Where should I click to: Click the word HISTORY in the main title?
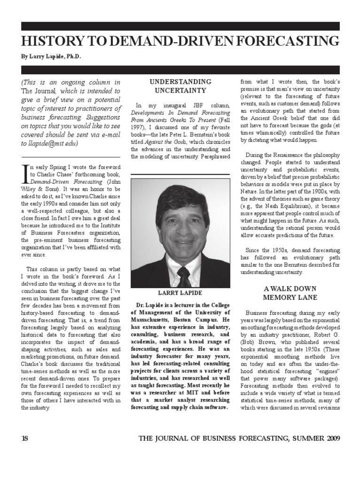tap(51, 41)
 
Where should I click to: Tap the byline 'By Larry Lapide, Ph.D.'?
tap(51, 56)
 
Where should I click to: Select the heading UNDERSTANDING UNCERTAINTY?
tap(180, 85)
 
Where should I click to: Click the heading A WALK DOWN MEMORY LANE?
tap(290, 293)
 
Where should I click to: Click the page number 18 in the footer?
tap(25, 438)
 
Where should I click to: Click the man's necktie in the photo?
tap(184, 277)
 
